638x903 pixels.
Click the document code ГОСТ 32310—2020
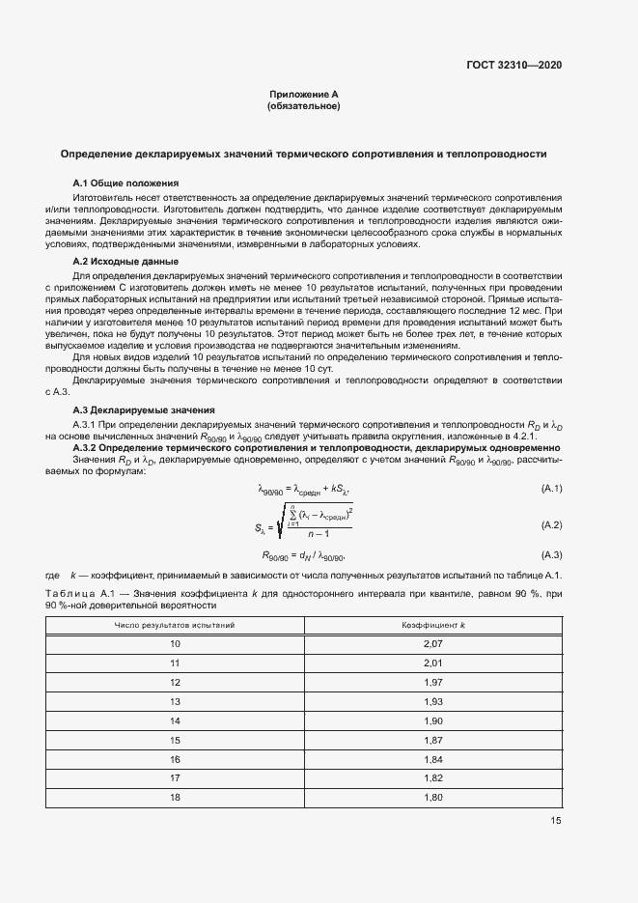pyautogui.click(x=513, y=65)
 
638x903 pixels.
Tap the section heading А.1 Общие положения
pyautogui.click(x=125, y=183)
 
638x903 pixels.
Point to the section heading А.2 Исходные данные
pyautogui.click(x=125, y=262)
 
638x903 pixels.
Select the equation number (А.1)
pyautogui.click(x=552, y=490)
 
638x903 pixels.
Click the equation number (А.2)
pyautogui.click(x=552, y=524)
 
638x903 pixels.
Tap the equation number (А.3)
pyautogui.click(x=552, y=555)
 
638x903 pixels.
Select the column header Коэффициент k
pyautogui.click(x=432, y=625)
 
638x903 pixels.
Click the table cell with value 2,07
pyautogui.click(x=432, y=643)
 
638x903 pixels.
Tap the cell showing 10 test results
pyautogui.click(x=176, y=643)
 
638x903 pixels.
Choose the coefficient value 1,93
pyautogui.click(x=432, y=700)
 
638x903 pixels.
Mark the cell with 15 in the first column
pyautogui.click(x=176, y=739)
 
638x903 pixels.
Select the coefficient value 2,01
pyautogui.click(x=432, y=663)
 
